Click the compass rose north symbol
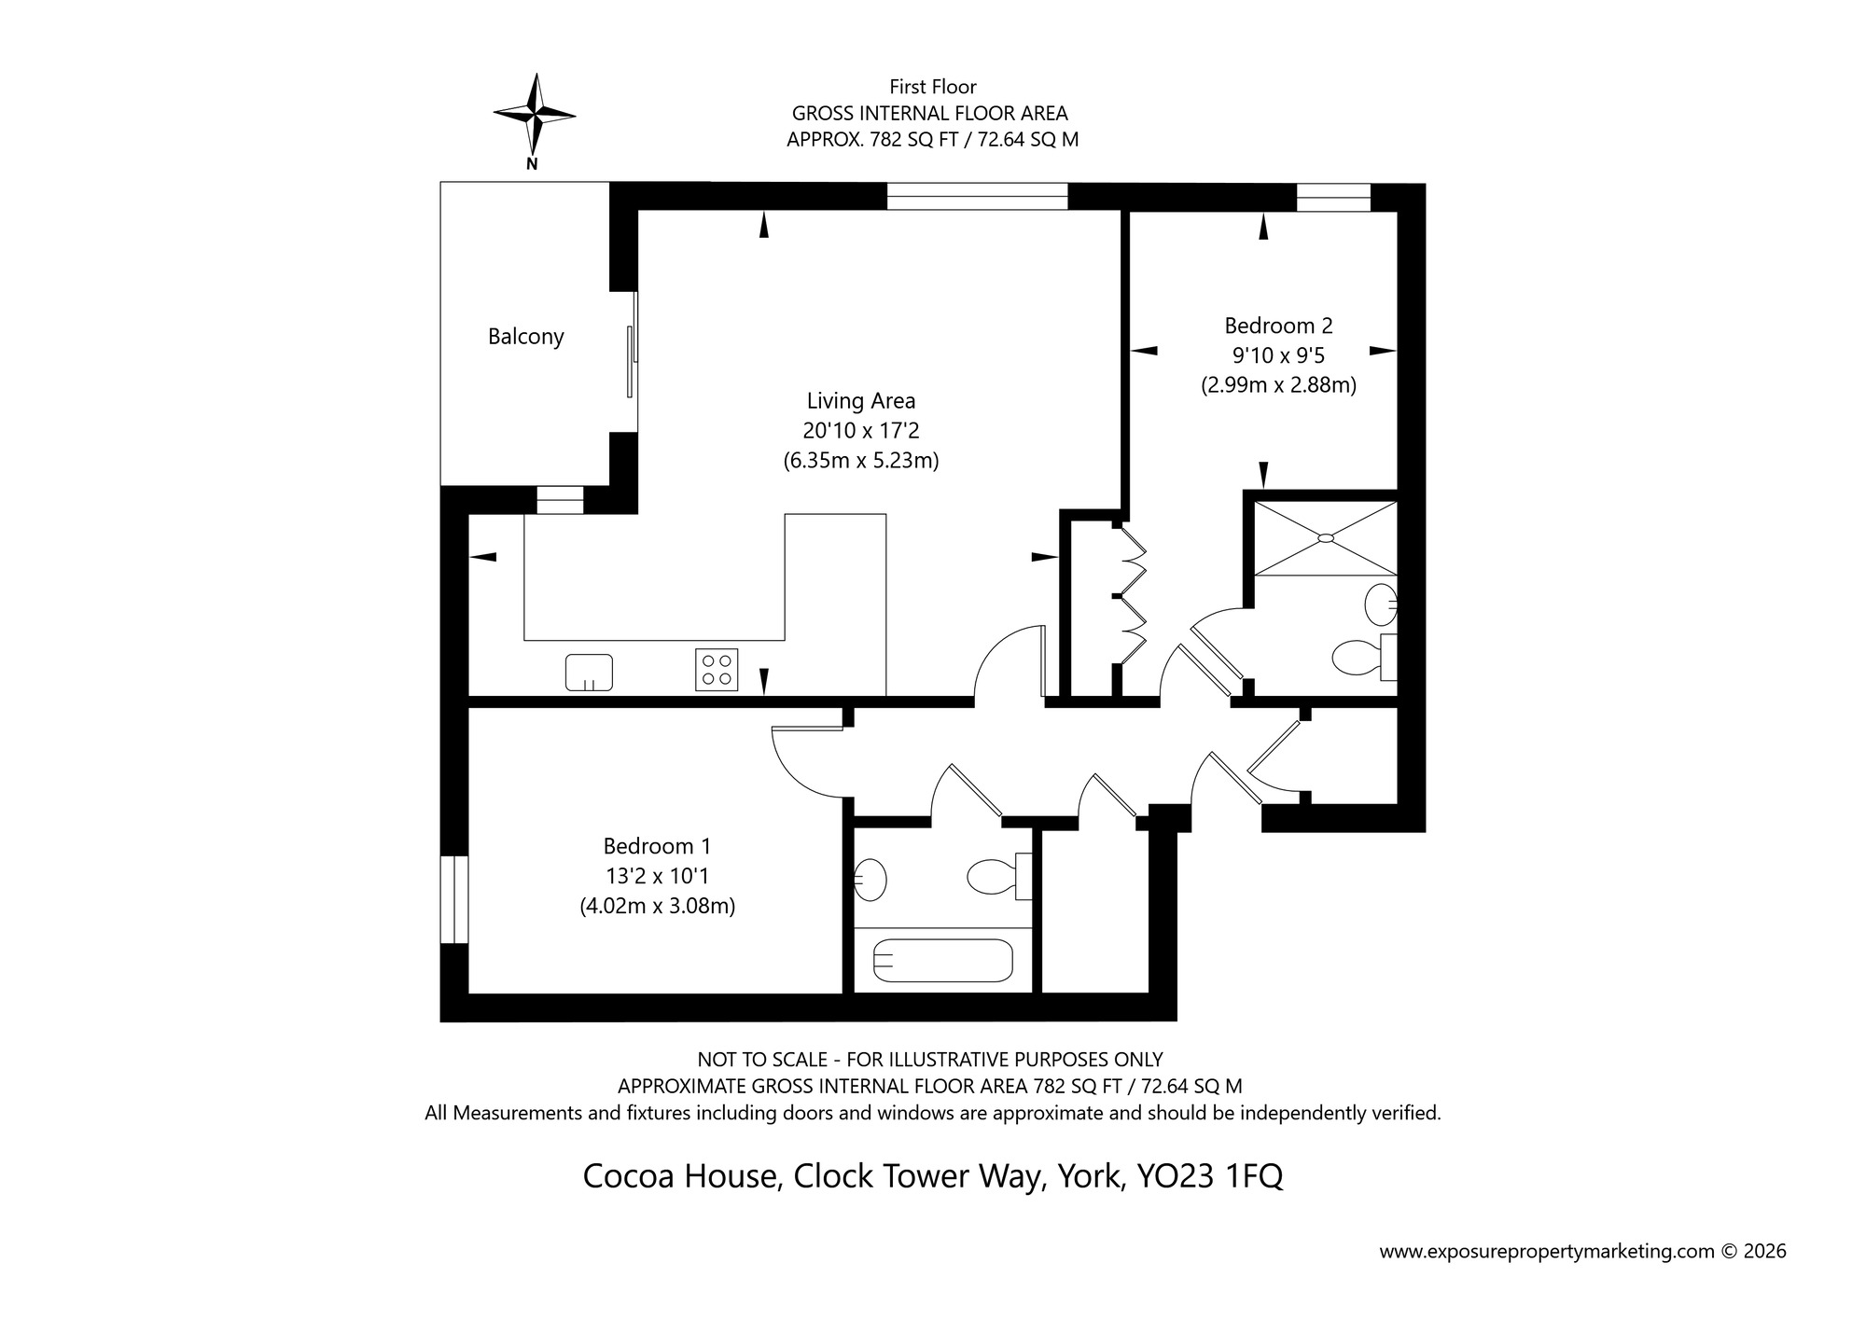point(534,116)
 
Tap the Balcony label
point(526,337)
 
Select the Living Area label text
point(861,401)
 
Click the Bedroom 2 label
point(1278,326)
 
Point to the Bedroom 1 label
point(657,846)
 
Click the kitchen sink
point(589,672)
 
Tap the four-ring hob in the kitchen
point(717,670)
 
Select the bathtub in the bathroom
point(943,960)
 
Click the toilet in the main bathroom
point(995,876)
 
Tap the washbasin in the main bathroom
point(871,879)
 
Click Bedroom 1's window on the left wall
point(453,899)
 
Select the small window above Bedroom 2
point(1333,197)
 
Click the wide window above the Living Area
point(976,196)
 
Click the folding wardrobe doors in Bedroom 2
point(1132,597)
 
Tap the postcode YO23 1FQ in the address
point(1209,1176)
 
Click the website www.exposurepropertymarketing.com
point(1547,1252)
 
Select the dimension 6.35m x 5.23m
point(861,461)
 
